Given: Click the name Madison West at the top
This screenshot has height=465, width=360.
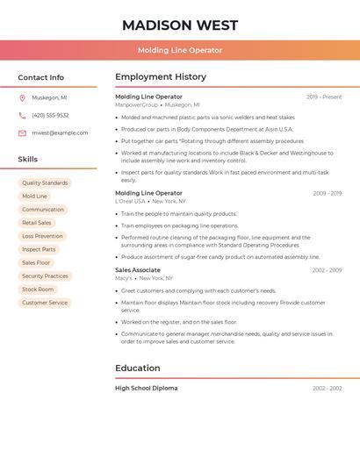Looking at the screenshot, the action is click(180, 25).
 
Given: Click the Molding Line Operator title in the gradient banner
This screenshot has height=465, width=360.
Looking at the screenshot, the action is click(180, 50).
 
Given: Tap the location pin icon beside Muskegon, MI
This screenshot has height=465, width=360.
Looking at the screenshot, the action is click(22, 98).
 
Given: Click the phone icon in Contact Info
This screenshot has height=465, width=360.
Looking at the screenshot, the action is click(22, 115).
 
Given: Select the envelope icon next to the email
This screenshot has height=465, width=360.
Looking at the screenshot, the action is click(22, 133).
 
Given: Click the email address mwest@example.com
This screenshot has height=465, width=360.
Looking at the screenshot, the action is click(60, 133).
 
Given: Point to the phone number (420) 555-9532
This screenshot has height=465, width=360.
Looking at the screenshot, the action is click(50, 115).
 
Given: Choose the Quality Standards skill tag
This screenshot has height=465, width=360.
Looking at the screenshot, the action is click(45, 183).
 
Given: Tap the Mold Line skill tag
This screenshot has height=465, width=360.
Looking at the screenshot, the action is click(35, 197).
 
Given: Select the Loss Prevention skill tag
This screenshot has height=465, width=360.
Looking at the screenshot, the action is click(42, 236).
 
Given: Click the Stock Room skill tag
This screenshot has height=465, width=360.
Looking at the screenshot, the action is click(38, 290).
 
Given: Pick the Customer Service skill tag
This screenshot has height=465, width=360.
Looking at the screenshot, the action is click(45, 303).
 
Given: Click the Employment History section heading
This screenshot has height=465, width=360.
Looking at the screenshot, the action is click(161, 77).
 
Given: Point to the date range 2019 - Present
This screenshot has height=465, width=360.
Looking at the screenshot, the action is click(324, 97).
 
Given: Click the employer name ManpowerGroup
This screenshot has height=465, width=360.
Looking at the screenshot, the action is click(137, 104).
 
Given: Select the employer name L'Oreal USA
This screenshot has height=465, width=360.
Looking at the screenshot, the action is click(130, 201).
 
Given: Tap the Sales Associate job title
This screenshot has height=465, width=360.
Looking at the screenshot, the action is click(138, 270).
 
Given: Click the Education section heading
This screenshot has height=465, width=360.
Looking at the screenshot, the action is click(138, 368).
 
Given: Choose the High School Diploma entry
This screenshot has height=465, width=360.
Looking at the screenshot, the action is click(146, 388).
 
